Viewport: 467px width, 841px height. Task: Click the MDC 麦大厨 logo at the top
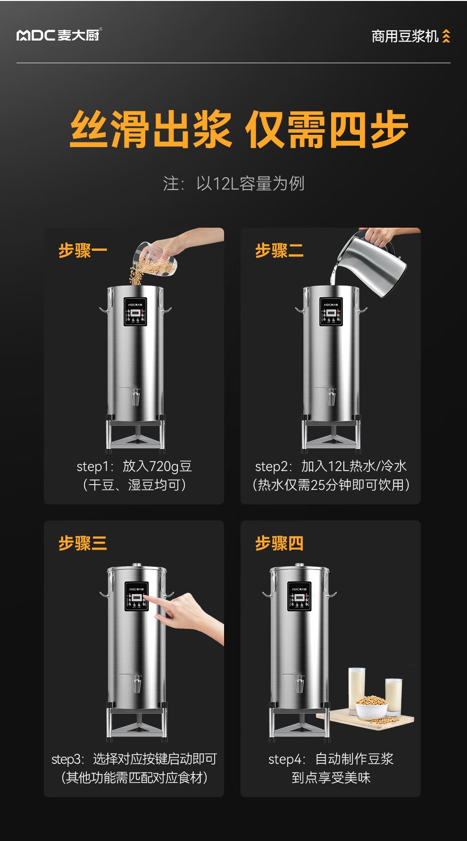coord(59,35)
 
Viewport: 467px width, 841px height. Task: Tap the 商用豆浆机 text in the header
coord(405,36)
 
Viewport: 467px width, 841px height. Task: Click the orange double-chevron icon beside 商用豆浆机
coord(446,36)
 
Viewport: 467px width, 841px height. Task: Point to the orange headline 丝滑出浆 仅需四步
coord(239,129)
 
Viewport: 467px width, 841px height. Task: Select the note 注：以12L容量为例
coord(234,183)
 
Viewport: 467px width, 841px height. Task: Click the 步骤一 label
coord(83,250)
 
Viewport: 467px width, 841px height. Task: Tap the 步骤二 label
coord(280,250)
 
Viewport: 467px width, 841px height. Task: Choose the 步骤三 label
coord(83,543)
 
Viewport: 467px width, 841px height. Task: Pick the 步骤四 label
coord(280,543)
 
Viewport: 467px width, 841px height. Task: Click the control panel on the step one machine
coord(135,312)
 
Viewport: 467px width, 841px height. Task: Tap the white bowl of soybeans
coord(371,709)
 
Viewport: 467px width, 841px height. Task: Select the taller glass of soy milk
coord(357,688)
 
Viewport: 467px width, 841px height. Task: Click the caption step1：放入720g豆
coord(134,466)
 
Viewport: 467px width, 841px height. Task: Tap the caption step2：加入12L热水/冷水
coord(331,466)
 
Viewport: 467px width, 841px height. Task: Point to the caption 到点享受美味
coord(331,777)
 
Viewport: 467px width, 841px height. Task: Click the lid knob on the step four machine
coord(299,564)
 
